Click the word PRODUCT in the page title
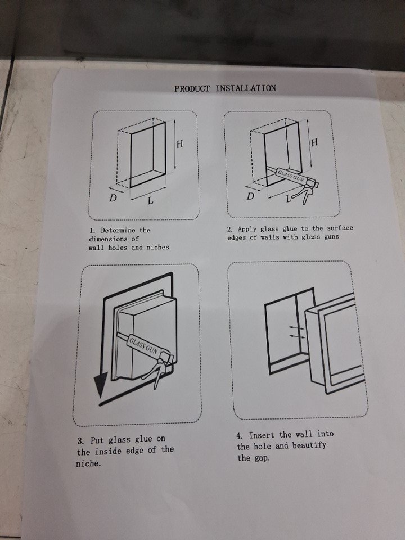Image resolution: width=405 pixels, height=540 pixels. (192, 88)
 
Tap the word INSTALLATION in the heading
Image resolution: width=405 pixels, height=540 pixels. (246, 88)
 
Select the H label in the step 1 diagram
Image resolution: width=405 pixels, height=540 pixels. (180, 143)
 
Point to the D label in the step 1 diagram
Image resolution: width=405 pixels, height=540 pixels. (113, 198)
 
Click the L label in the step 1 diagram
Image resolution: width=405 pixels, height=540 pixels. (150, 200)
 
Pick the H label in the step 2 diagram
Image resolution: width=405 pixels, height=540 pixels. (314, 142)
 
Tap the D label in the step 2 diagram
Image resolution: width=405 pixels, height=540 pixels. (250, 196)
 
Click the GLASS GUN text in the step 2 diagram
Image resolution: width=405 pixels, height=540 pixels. (291, 175)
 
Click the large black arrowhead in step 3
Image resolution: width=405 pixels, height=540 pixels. (101, 385)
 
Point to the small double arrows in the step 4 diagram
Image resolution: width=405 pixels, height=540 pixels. (296, 331)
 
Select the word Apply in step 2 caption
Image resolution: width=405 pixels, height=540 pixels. (247, 229)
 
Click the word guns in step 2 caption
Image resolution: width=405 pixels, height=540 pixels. (331, 236)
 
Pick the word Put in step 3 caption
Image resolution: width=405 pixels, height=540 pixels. (97, 440)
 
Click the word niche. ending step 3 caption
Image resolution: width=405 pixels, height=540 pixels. (89, 463)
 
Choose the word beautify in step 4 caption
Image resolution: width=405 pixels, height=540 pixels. (309, 445)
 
